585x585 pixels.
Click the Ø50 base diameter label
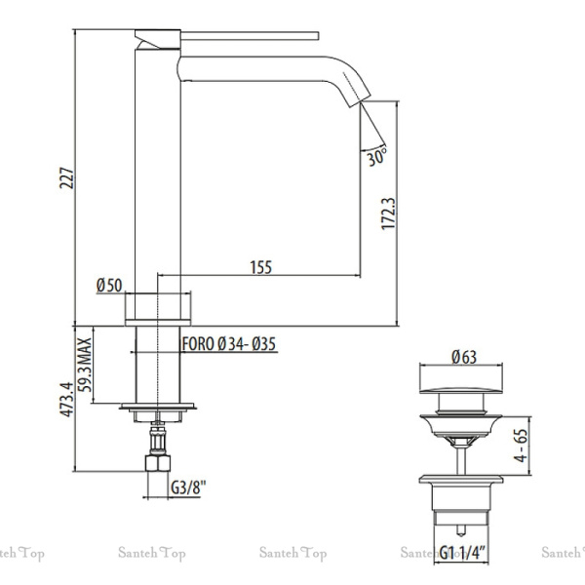point(108,285)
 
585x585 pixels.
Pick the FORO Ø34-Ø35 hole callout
point(229,343)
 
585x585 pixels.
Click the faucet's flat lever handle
point(234,37)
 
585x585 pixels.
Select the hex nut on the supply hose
point(156,462)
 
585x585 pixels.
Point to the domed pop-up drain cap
point(461,400)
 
